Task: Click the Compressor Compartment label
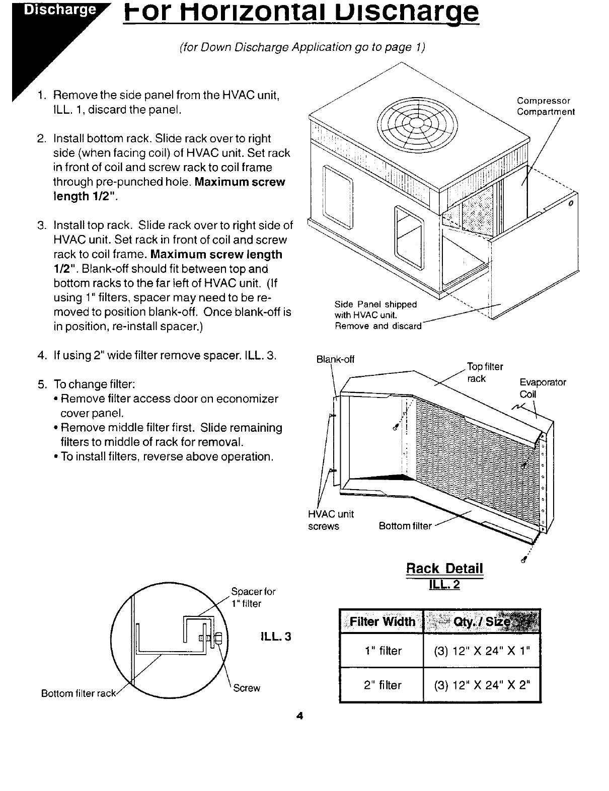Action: [x=546, y=106]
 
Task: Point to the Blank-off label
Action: [x=335, y=359]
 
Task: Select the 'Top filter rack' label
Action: [x=485, y=372]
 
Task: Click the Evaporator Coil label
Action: [x=543, y=388]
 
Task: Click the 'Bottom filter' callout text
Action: [x=405, y=526]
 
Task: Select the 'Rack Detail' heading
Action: [x=444, y=569]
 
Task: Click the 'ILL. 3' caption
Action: [x=276, y=637]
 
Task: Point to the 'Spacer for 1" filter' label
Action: [x=253, y=597]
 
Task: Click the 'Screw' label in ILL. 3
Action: [x=247, y=688]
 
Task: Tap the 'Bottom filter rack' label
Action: [x=79, y=693]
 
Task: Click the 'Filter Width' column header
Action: [x=382, y=621]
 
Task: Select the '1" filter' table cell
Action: [x=383, y=651]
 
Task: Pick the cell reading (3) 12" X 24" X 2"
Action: [x=482, y=685]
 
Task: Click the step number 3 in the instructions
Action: [x=42, y=224]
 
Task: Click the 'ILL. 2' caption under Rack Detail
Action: [x=444, y=585]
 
